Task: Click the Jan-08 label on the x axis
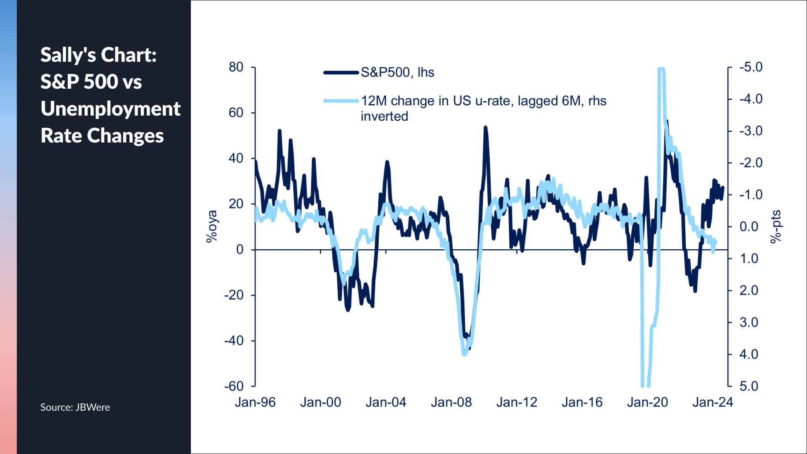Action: click(x=451, y=402)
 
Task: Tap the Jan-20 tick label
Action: click(x=647, y=402)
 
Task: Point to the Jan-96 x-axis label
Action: click(x=255, y=402)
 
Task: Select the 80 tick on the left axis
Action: click(x=236, y=67)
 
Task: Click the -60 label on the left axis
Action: click(x=234, y=386)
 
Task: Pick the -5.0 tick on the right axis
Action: click(x=751, y=67)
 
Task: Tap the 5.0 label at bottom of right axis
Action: click(x=749, y=386)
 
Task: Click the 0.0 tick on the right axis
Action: click(x=749, y=227)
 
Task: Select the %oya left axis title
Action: click(x=212, y=227)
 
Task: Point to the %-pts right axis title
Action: click(x=775, y=227)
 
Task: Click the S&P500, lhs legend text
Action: click(x=397, y=72)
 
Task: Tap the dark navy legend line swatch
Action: click(x=341, y=72)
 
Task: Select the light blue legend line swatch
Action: click(x=341, y=101)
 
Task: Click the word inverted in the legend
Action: click(x=384, y=116)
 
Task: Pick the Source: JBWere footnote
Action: click(x=75, y=407)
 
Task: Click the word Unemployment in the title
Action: click(x=111, y=109)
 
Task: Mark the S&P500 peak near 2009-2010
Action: click(x=485, y=127)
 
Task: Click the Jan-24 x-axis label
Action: click(x=712, y=402)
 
